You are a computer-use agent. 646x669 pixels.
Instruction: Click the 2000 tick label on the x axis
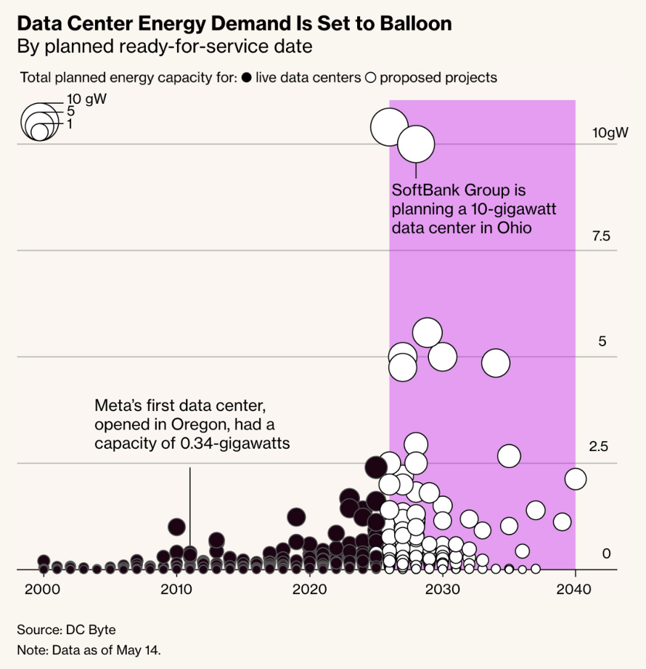point(42,589)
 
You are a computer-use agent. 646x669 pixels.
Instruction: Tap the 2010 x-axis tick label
point(176,589)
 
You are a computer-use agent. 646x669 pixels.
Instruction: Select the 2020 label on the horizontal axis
point(309,589)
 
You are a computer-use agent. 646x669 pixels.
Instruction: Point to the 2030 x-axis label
point(443,589)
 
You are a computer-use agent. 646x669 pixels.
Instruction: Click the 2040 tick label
point(574,589)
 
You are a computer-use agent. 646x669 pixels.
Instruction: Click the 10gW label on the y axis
point(610,133)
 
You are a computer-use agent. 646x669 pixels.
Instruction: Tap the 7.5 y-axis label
point(601,236)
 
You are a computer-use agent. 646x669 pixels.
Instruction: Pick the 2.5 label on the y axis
point(598,447)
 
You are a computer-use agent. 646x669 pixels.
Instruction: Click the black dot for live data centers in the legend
point(247,78)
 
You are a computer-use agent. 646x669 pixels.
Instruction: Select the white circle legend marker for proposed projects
point(371,78)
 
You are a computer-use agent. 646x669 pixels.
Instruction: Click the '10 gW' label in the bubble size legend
point(86,99)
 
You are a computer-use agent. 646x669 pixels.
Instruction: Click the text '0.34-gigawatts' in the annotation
point(235,443)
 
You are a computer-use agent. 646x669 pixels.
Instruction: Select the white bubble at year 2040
point(575,479)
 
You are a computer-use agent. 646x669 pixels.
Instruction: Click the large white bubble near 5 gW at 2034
point(496,363)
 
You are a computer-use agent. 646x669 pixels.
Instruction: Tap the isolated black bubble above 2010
point(176,527)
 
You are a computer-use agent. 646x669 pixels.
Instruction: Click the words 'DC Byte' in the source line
point(91,630)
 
